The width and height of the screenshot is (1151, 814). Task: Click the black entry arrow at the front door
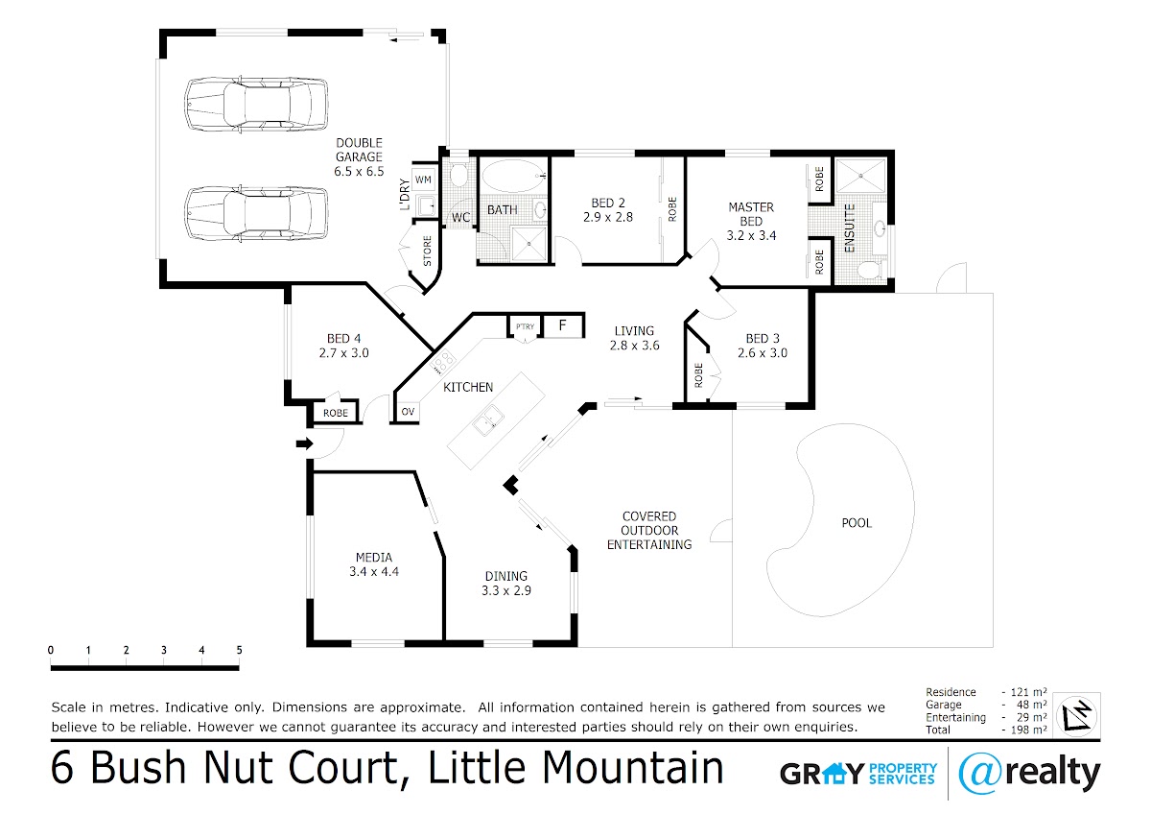tap(305, 443)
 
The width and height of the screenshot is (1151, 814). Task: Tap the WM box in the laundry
tap(423, 180)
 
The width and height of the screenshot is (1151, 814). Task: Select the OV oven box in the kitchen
tap(408, 412)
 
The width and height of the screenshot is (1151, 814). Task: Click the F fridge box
tap(563, 325)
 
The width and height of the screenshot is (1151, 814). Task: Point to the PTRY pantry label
tap(526, 326)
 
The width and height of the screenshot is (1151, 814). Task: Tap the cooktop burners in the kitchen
tap(442, 361)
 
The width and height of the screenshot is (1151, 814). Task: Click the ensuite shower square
tap(861, 176)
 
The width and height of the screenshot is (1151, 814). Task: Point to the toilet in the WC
tap(458, 175)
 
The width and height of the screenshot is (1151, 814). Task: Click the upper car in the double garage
tap(256, 106)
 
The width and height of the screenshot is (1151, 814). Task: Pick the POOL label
tap(857, 523)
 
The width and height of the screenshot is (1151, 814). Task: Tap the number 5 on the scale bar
tap(239, 650)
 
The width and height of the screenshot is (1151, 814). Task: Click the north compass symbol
tap(1077, 716)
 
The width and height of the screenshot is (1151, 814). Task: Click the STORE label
tap(427, 251)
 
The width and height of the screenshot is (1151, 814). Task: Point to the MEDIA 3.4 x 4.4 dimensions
tap(374, 571)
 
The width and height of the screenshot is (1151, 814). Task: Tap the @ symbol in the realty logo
tap(979, 773)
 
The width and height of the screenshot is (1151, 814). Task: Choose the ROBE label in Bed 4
tap(336, 413)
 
